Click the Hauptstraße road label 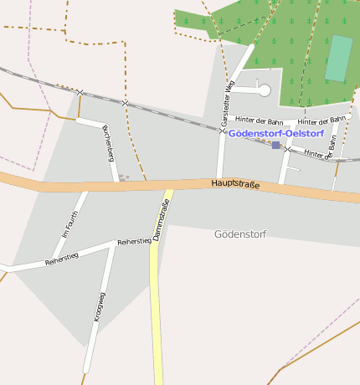click(235, 184)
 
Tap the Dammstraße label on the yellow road click(162, 220)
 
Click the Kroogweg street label click(99, 306)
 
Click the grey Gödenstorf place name click(239, 234)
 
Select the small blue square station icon click(275, 146)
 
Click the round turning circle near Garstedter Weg click(264, 90)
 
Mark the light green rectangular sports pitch click(338, 59)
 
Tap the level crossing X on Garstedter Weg click(223, 131)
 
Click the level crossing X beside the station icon click(287, 149)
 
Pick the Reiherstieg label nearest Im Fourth click(61, 259)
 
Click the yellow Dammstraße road click(157, 318)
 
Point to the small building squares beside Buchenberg click(124, 177)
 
